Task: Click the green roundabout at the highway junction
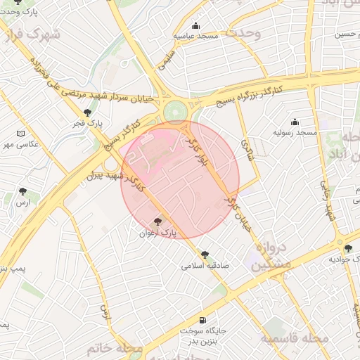tap(174, 111)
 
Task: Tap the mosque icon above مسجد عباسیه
tap(196, 25)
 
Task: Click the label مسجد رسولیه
tap(298, 132)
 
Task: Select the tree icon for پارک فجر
tap(87, 112)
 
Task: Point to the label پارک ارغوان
tap(157, 232)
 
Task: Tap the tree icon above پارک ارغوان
tap(157, 221)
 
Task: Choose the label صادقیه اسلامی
tap(205, 266)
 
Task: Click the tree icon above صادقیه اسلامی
tap(205, 255)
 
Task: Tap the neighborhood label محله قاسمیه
tap(295, 338)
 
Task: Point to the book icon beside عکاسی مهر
tap(20, 134)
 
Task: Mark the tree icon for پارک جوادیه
tap(348, 248)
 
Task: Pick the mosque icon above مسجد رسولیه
tap(295, 122)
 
